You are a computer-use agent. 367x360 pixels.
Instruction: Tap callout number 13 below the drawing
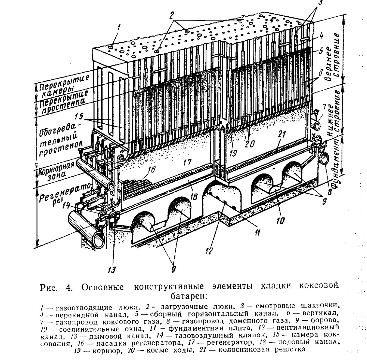tap(111, 270)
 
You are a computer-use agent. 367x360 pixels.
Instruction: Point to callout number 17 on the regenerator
tap(187, 162)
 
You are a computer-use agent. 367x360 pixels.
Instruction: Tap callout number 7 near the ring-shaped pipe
tap(324, 107)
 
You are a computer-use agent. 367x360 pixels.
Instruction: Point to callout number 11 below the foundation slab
tap(257, 233)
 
